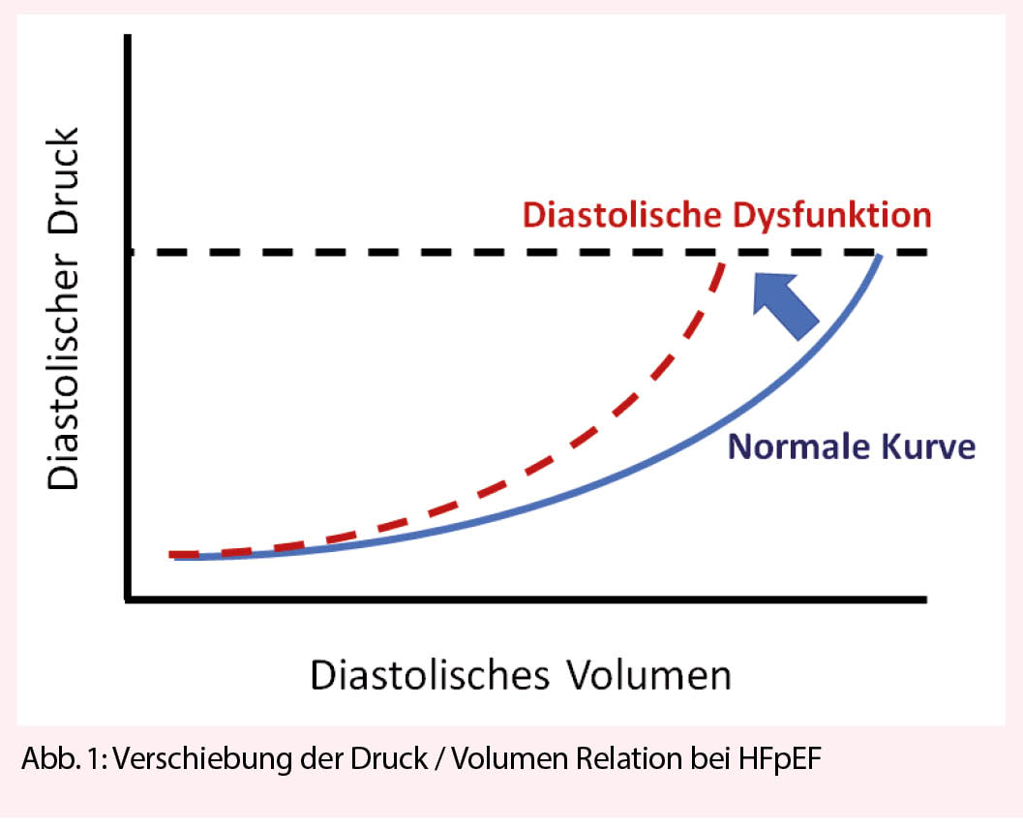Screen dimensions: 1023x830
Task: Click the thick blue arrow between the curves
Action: tap(785, 306)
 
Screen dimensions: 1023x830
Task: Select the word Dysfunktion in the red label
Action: tap(829, 216)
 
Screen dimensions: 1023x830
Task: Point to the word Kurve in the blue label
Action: tap(929, 446)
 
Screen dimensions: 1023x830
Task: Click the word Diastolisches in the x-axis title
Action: tap(430, 675)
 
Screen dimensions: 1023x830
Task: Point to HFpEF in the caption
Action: tap(780, 759)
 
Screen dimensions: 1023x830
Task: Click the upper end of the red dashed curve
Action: tap(722, 264)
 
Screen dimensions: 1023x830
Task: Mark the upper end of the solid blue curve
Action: tap(880, 257)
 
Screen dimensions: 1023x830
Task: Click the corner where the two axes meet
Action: tap(129, 599)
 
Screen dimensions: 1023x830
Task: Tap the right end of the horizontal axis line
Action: tap(926, 599)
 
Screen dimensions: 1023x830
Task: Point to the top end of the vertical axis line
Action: tap(128, 36)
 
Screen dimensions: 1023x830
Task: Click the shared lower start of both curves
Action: tap(173, 555)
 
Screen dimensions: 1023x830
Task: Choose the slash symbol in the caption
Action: tap(440, 759)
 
